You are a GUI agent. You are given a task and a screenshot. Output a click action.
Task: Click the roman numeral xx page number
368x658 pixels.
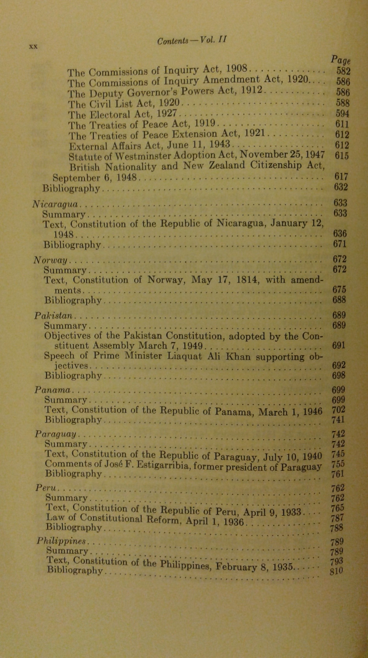click(x=33, y=46)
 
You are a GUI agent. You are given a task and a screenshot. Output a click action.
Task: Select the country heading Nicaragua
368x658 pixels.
click(x=55, y=204)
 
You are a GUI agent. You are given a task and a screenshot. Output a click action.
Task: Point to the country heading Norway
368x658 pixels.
click(x=51, y=260)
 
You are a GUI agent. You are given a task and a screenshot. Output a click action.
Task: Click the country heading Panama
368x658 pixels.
click(x=52, y=390)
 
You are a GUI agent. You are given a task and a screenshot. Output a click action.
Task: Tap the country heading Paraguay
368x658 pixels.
click(x=55, y=434)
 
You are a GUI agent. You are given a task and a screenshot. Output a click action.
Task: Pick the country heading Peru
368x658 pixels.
click(x=46, y=488)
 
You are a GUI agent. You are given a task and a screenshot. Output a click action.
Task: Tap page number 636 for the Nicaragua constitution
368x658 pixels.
click(x=340, y=234)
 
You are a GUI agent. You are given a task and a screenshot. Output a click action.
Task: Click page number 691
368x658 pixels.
click(x=339, y=345)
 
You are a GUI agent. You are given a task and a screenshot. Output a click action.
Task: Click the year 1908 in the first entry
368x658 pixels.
click(x=238, y=68)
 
